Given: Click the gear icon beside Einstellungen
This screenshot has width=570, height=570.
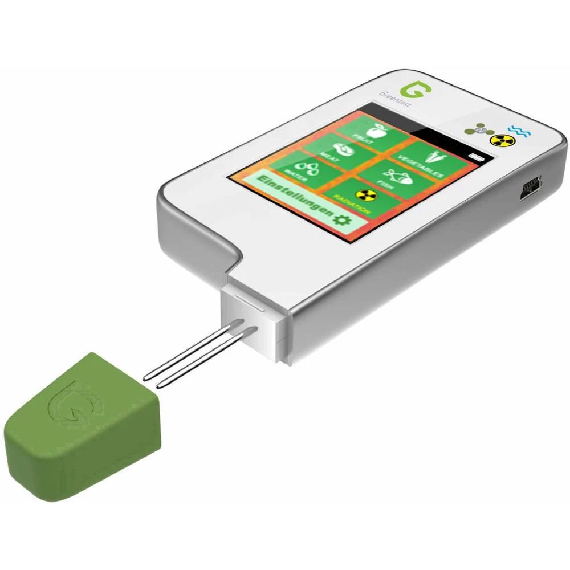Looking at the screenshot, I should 341,220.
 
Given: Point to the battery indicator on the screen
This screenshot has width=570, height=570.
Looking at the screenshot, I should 474,155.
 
